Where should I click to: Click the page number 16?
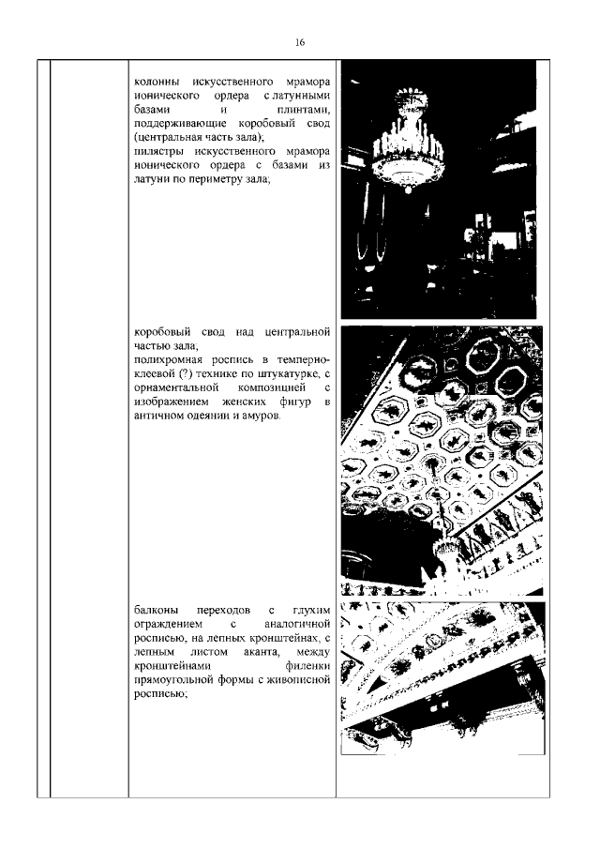pyautogui.click(x=300, y=42)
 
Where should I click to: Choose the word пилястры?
pyautogui.click(x=160, y=153)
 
